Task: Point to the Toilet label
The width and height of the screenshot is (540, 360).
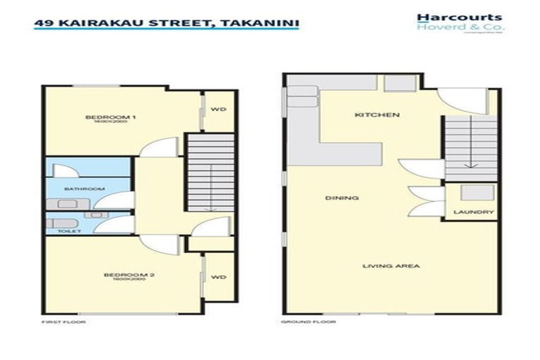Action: [x=70, y=231]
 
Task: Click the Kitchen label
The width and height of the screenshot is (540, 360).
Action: [x=367, y=115]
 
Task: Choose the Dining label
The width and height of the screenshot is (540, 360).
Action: [x=342, y=198]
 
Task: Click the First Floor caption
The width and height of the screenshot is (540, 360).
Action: [x=59, y=322]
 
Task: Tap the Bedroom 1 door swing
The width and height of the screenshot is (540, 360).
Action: [x=154, y=150]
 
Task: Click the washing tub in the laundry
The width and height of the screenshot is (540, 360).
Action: [x=470, y=193]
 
